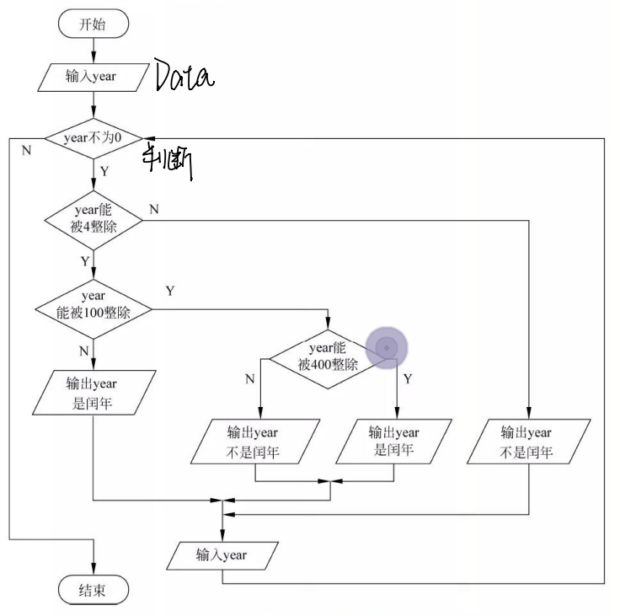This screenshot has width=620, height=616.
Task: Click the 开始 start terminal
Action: coord(93,24)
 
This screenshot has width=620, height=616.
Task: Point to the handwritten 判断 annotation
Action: coord(169,160)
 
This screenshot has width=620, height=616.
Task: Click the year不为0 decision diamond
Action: coord(93,137)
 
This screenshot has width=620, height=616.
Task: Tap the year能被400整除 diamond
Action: coord(328,357)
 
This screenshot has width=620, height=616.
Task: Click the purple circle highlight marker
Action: coord(387,347)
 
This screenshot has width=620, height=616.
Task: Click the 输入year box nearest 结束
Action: coord(222,555)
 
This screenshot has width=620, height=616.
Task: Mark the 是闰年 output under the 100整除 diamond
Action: coord(93,393)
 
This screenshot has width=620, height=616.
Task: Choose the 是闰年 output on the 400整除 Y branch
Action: coord(393,442)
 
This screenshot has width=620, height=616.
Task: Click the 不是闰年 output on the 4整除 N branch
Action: coord(528,442)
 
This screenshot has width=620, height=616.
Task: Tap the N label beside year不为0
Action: coord(26,149)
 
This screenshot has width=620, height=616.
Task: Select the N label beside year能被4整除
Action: coord(153,208)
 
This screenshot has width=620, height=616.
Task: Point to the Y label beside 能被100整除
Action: coord(170,291)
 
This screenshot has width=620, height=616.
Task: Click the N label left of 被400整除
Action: coord(249,379)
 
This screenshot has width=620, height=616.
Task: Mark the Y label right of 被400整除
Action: coord(408,379)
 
